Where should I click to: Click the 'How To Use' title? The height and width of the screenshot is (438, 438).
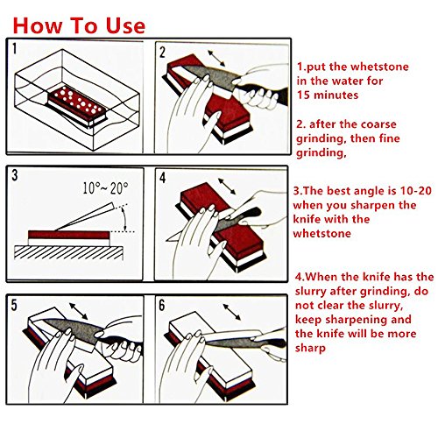click(x=79, y=25)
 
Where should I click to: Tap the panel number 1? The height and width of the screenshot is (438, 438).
click(x=15, y=48)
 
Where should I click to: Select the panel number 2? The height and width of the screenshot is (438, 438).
click(x=162, y=53)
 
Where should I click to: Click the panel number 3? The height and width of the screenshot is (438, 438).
click(x=15, y=175)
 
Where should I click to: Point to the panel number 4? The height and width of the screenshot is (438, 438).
click(x=163, y=178)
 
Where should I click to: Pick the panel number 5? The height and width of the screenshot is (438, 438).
click(x=14, y=305)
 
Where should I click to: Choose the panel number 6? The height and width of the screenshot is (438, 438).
click(x=162, y=306)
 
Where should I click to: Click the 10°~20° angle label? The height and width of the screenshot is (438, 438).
click(x=105, y=188)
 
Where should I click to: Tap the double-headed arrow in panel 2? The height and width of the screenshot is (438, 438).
click(x=216, y=59)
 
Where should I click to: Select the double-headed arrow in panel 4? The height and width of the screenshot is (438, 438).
click(x=227, y=187)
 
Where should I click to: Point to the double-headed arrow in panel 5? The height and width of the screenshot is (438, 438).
click(x=78, y=311)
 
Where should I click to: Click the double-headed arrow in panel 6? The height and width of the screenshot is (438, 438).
click(x=232, y=312)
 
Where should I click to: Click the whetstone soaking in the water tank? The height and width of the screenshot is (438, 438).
click(x=77, y=106)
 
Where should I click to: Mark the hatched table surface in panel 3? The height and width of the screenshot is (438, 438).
click(x=68, y=252)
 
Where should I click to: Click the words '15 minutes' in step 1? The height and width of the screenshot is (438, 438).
click(x=328, y=95)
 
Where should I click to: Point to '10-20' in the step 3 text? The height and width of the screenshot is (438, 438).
click(x=416, y=191)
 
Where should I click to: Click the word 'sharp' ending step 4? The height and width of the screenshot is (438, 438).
click(x=310, y=349)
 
